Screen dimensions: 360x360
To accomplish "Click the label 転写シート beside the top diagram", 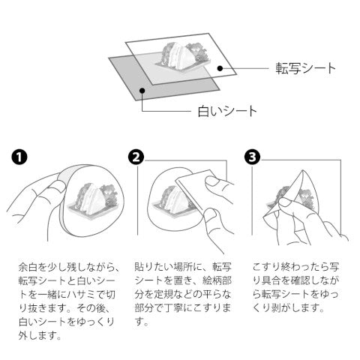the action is pyautogui.click(x=305, y=68).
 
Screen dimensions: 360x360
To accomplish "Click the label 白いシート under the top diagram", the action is pyautogui.click(x=227, y=111).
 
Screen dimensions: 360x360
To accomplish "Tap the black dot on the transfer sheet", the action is pyautogui.click(x=220, y=68).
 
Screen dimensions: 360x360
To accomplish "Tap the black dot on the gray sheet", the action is pyautogui.click(x=142, y=91).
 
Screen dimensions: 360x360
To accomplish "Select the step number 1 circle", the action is pyautogui.click(x=19, y=157).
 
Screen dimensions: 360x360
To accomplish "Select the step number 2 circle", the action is pyautogui.click(x=136, y=157).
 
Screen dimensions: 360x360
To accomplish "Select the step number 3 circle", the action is pyautogui.click(x=252, y=157).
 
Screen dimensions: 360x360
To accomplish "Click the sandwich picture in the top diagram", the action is pyautogui.click(x=183, y=57).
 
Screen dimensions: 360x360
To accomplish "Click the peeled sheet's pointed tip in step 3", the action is pyautogui.click(x=303, y=171).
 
